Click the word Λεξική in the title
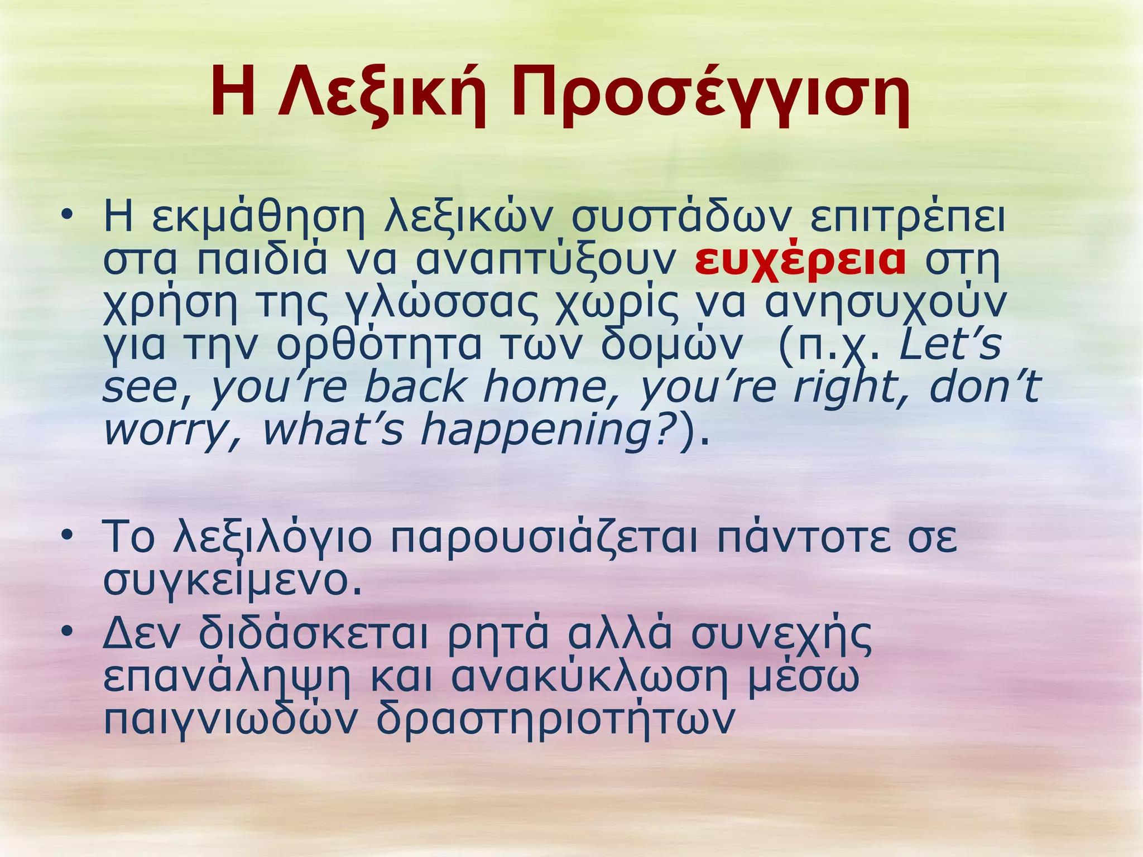[382, 93]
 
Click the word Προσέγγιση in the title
[710, 93]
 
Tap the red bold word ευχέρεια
[800, 261]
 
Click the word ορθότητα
[378, 345]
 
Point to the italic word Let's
[950, 345]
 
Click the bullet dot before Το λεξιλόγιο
[68, 536]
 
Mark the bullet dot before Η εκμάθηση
[68, 215]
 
